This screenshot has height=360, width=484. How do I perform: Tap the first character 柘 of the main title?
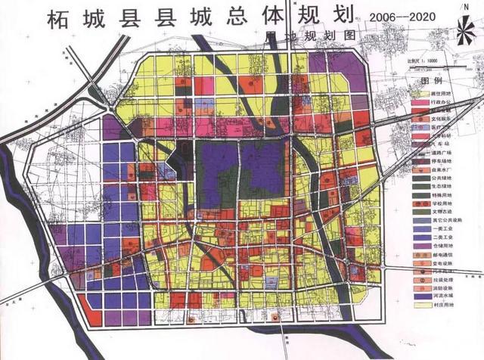tap(60, 19)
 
